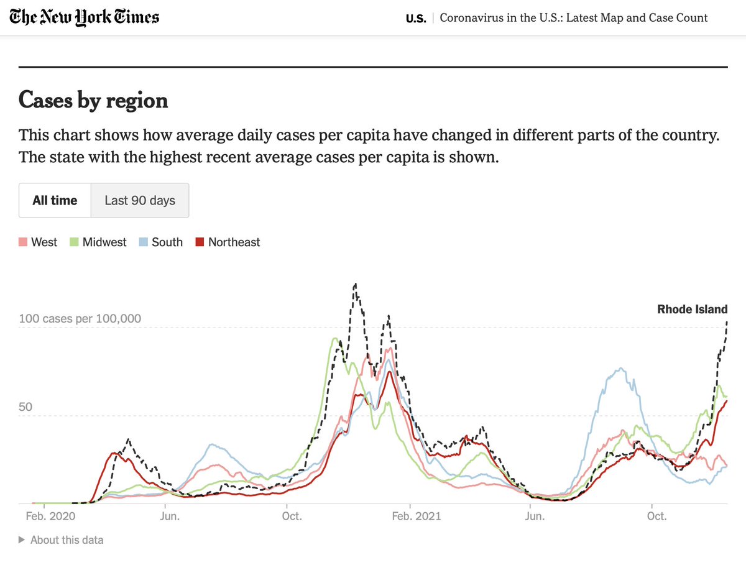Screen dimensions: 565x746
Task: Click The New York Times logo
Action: [x=85, y=17]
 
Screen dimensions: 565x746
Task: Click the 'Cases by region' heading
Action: [x=93, y=100]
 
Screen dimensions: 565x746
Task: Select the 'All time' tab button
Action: [x=55, y=200]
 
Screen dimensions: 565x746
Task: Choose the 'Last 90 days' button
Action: [x=140, y=200]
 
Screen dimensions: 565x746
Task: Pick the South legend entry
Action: [x=167, y=242]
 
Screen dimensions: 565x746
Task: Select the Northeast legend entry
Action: [x=234, y=242]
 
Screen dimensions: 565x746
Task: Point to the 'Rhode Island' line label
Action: [x=692, y=309]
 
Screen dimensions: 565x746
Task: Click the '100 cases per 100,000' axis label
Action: [x=80, y=319]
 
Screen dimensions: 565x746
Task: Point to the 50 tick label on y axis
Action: [x=25, y=407]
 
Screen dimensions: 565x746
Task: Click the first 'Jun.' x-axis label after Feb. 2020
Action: [x=170, y=517]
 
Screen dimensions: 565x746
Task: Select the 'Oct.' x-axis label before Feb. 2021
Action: [x=292, y=517]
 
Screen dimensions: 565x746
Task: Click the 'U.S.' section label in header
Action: [x=416, y=18]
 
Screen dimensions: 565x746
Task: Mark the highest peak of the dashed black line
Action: [x=355, y=284]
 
